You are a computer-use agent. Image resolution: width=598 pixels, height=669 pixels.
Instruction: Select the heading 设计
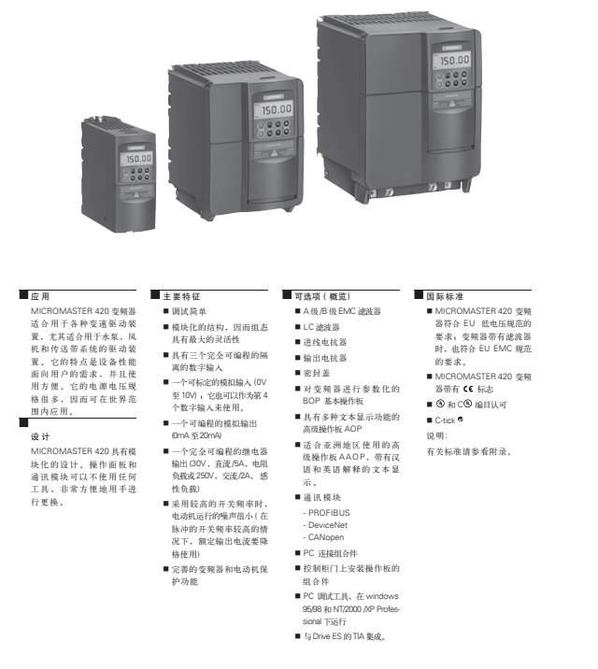click(x=40, y=436)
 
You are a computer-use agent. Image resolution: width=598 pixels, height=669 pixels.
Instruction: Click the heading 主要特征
click(x=177, y=294)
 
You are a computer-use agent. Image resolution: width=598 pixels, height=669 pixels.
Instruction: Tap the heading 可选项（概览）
click(x=321, y=294)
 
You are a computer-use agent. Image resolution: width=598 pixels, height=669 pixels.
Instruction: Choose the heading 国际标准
click(x=448, y=294)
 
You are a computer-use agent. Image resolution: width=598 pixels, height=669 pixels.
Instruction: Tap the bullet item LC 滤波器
click(x=321, y=327)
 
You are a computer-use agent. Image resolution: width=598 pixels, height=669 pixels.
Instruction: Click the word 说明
click(x=436, y=435)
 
